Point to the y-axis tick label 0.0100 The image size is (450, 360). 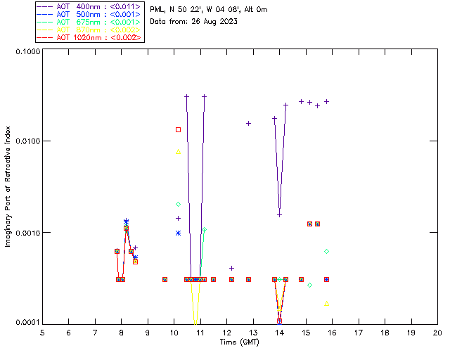pos(27,142)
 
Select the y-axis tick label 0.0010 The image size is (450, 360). pos(27,233)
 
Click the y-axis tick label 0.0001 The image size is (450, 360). pos(27,323)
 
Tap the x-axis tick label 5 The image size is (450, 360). pos(42,333)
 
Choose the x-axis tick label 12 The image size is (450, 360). pos(226,333)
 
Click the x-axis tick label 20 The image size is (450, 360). pos(437,333)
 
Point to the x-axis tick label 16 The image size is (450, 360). pos(332,333)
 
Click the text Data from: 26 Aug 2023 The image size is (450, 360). pos(194,22)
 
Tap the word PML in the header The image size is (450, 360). pos(158,10)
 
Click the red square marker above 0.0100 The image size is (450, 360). pos(179,129)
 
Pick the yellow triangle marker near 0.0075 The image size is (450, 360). pos(179,152)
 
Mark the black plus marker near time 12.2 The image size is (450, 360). pos(231,268)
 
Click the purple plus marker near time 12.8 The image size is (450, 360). pos(248,123)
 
